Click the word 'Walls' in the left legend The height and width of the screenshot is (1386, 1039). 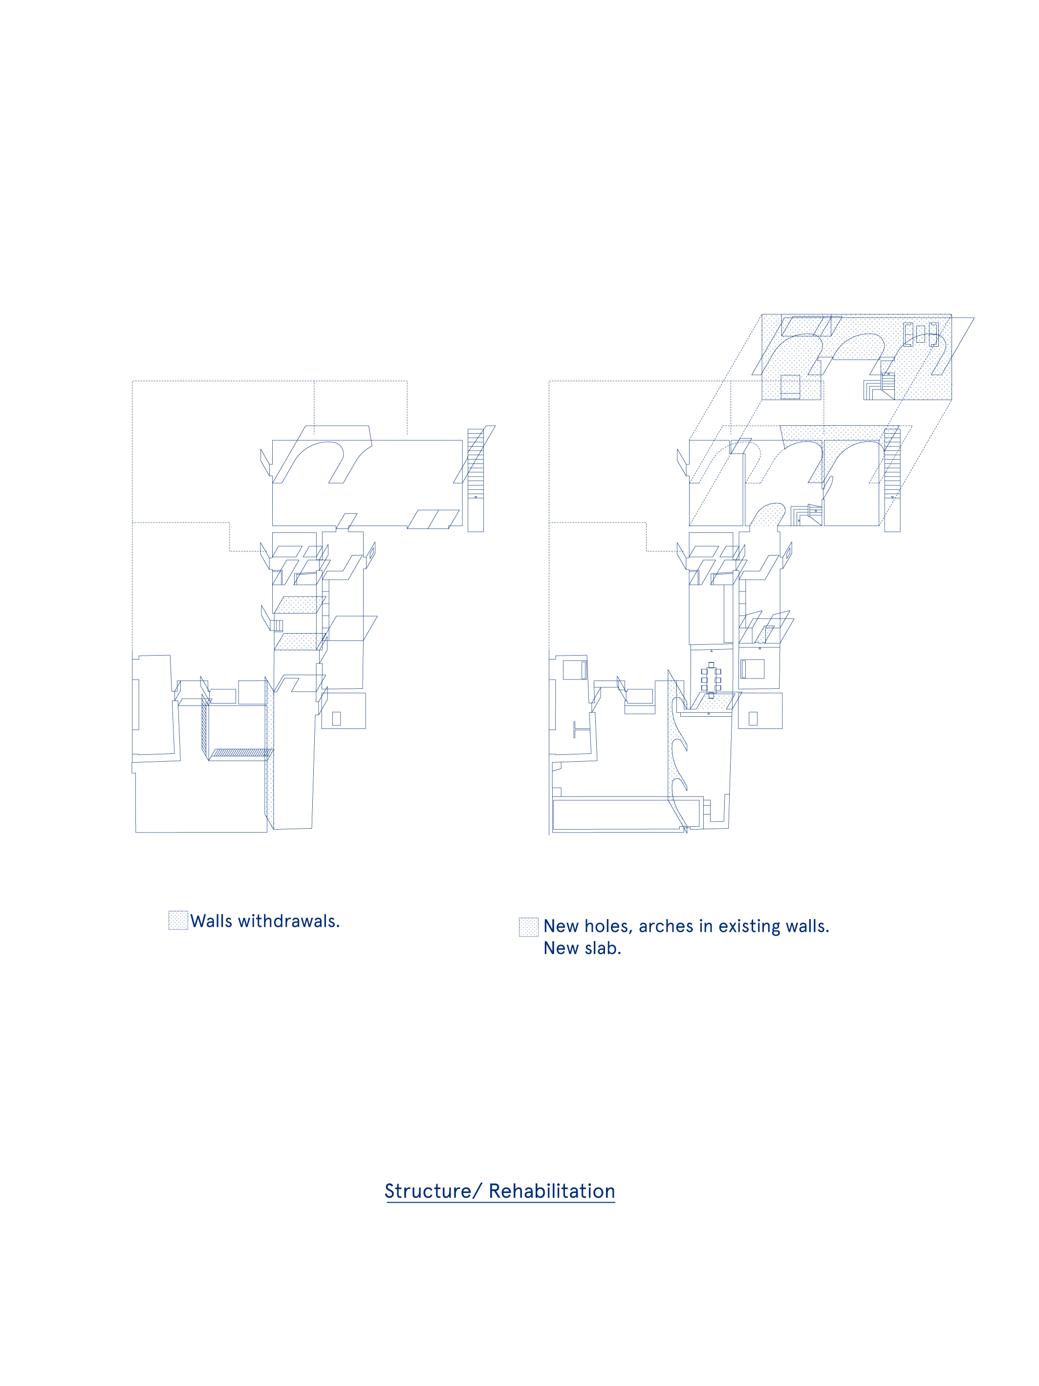pyautogui.click(x=211, y=921)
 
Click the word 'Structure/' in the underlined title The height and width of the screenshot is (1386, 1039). pyautogui.click(x=433, y=1191)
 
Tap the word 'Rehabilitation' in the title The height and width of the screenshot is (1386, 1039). pyautogui.click(x=552, y=1191)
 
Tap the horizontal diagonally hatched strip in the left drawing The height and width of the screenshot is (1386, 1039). pyautogui.click(x=240, y=752)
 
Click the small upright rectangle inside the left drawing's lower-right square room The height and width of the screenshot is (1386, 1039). pyautogui.click(x=336, y=719)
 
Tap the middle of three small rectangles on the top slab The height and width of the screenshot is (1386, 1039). pyautogui.click(x=920, y=334)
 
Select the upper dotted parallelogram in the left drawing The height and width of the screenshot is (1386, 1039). pyautogui.click(x=300, y=605)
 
